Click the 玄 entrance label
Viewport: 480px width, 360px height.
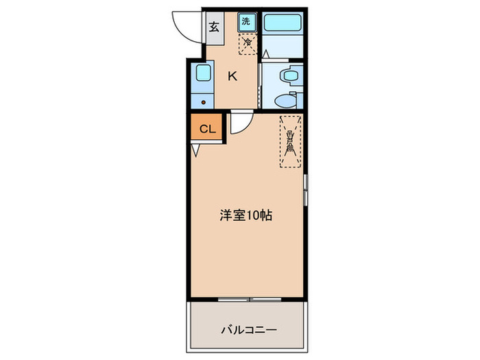(214, 28)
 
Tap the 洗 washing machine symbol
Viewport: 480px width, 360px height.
(246, 21)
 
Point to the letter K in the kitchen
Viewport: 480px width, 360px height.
(232, 76)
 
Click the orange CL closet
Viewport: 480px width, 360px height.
(207, 128)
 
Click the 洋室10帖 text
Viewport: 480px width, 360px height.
(245, 215)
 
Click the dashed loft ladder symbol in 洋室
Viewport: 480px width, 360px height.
(291, 141)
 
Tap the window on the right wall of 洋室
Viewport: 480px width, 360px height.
(306, 189)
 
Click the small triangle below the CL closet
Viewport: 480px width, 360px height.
(195, 150)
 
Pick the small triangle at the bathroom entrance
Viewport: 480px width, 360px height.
(266, 53)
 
